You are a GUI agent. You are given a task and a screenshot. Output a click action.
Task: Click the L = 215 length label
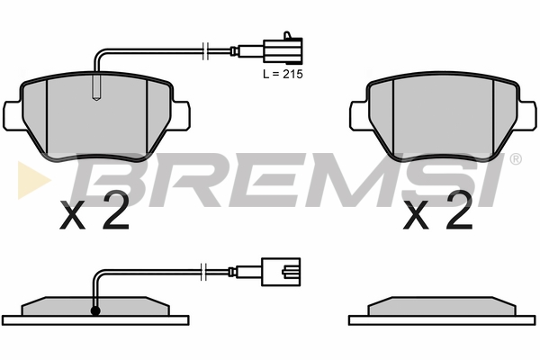[x=283, y=74]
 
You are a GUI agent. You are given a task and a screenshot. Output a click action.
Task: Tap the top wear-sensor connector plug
[x=283, y=51]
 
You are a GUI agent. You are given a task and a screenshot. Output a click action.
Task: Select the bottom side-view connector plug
[x=281, y=272]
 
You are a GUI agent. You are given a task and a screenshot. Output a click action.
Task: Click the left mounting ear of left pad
[x=13, y=116]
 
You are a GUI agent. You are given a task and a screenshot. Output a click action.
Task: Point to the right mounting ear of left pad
[x=181, y=116]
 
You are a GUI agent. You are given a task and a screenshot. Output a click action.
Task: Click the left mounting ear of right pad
[x=359, y=116]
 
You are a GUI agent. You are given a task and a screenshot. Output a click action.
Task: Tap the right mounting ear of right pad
[x=526, y=116]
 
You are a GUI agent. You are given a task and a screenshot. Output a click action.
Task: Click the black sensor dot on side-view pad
[x=95, y=310]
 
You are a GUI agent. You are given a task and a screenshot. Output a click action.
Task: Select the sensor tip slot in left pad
[x=97, y=88]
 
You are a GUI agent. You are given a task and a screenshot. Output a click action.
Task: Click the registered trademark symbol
[x=515, y=158]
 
